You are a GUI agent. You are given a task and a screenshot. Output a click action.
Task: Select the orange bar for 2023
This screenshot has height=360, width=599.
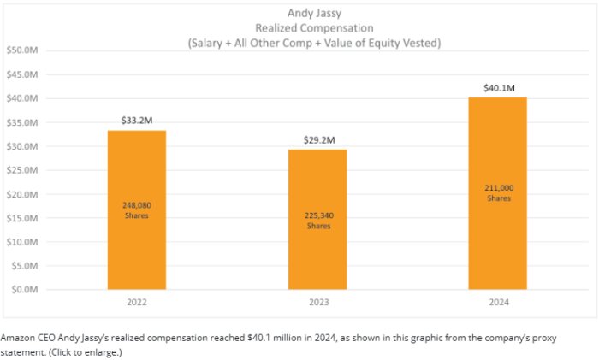pos(317,257)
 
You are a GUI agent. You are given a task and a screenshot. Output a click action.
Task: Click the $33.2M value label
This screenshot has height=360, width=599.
pos(136,120)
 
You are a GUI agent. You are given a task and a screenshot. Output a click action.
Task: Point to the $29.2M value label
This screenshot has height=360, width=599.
pos(317,139)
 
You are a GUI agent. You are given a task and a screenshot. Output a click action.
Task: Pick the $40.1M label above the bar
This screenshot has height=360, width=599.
pos(497,87)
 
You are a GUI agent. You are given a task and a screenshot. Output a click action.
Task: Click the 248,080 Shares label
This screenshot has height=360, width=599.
pos(136,210)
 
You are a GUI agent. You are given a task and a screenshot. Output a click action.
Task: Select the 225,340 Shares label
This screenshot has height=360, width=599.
pos(317,221)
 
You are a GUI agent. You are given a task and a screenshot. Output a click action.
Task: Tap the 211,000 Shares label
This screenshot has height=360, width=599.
pos(497,192)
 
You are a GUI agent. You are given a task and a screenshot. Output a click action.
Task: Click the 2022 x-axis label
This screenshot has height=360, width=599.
pos(136,302)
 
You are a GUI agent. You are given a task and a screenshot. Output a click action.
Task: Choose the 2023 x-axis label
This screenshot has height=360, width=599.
pos(317,302)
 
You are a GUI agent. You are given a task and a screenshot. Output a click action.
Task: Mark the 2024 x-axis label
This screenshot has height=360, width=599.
pos(497,302)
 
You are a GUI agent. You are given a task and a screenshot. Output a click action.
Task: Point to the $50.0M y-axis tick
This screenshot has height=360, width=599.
pos(23,50)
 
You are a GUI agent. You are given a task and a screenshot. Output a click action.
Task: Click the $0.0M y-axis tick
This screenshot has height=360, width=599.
pos(25,289)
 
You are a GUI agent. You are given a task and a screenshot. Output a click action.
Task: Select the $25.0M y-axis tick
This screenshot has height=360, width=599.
pos(23,170)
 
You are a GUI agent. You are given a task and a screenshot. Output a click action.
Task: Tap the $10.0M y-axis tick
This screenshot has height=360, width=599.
pos(23,242)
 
